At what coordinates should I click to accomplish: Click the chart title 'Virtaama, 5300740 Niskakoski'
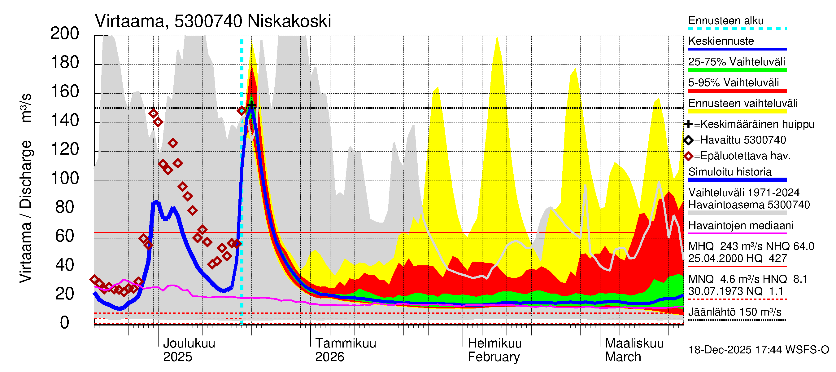(x=213, y=21)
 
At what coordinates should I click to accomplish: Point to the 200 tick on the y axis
(x=65, y=34)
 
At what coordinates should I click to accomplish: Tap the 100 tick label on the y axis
(x=65, y=178)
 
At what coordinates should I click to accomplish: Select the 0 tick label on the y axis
(x=65, y=323)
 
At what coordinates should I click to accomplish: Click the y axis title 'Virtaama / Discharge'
(x=26, y=211)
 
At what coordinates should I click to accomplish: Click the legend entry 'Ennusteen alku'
(x=726, y=21)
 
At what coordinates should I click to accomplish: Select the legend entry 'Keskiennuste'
(x=721, y=41)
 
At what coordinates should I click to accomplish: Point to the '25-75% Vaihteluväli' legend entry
(x=736, y=62)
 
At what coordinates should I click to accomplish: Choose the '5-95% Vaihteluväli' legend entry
(x=734, y=82)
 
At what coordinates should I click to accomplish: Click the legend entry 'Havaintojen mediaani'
(x=741, y=225)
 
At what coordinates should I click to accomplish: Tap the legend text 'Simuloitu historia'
(x=730, y=172)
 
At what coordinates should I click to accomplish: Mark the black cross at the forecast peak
(x=251, y=105)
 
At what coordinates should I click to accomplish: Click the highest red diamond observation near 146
(x=153, y=113)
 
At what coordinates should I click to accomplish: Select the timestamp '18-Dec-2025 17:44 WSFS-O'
(x=758, y=350)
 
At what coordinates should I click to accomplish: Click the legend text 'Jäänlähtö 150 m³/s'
(x=735, y=312)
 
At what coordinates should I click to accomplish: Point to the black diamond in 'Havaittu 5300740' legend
(x=688, y=140)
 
